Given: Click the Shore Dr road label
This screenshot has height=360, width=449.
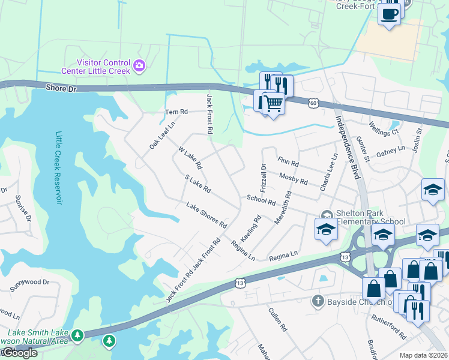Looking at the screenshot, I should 63,88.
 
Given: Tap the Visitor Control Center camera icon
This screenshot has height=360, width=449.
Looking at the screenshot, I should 139,65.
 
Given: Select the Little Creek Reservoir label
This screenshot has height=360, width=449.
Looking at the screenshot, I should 59,168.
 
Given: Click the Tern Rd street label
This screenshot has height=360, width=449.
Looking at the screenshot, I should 176,112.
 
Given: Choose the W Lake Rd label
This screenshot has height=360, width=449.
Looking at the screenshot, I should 189,157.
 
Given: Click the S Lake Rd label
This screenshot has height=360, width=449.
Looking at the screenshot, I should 197,184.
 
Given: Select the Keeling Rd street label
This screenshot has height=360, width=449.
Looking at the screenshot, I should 253,228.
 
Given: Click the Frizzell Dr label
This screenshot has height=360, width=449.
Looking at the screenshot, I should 263,174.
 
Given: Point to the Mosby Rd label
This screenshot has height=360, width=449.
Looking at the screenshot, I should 294,178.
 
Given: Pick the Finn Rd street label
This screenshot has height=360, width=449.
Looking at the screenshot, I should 289,161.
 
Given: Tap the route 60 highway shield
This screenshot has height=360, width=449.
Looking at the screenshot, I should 313,103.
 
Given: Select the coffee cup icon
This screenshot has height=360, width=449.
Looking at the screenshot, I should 390,13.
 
